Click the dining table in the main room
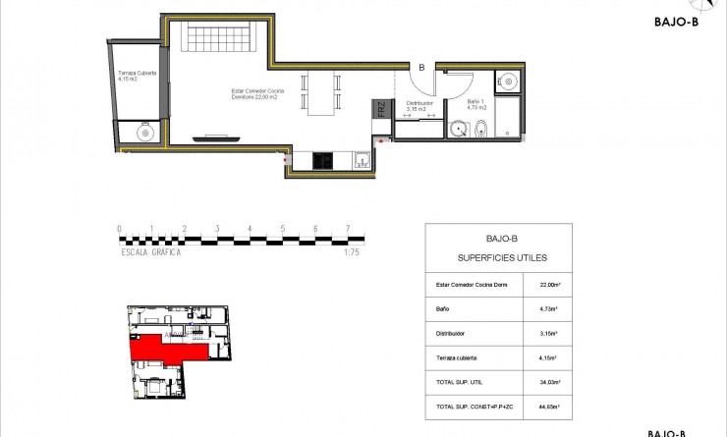pyautogui.click(x=321, y=92)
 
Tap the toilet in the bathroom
pyautogui.click(x=479, y=130)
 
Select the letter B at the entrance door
pyautogui.click(x=421, y=68)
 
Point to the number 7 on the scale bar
pyautogui.click(x=348, y=229)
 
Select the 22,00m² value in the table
pyautogui.click(x=550, y=285)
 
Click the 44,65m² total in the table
pyautogui.click(x=550, y=405)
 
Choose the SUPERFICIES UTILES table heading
pyautogui.click(x=502, y=257)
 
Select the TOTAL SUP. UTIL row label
pyautogui.click(x=458, y=381)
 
